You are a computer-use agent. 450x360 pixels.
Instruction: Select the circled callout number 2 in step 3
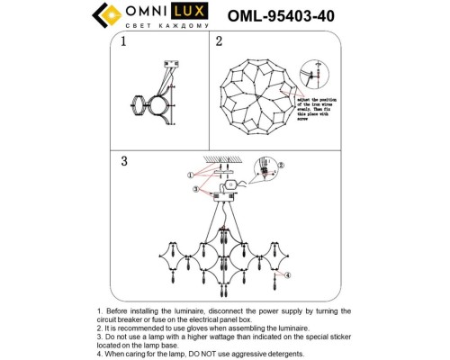(280, 166)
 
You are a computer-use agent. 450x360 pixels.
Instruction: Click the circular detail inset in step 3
(263, 169)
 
